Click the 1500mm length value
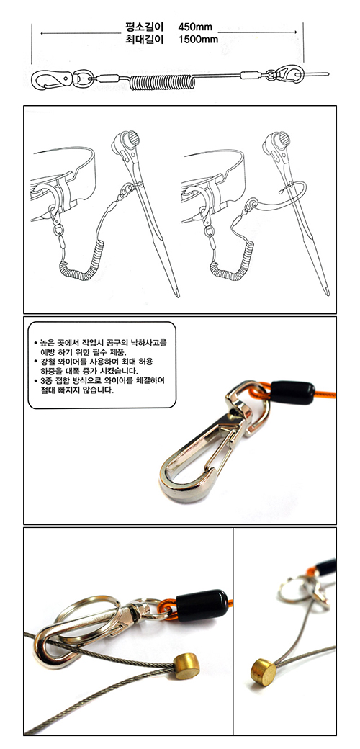(198, 40)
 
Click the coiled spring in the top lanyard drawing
(162, 82)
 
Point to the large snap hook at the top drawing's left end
(51, 79)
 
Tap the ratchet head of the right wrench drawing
(277, 140)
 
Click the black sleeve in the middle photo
(293, 393)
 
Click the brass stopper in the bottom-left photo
(186, 666)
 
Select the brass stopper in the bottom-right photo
(264, 672)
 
